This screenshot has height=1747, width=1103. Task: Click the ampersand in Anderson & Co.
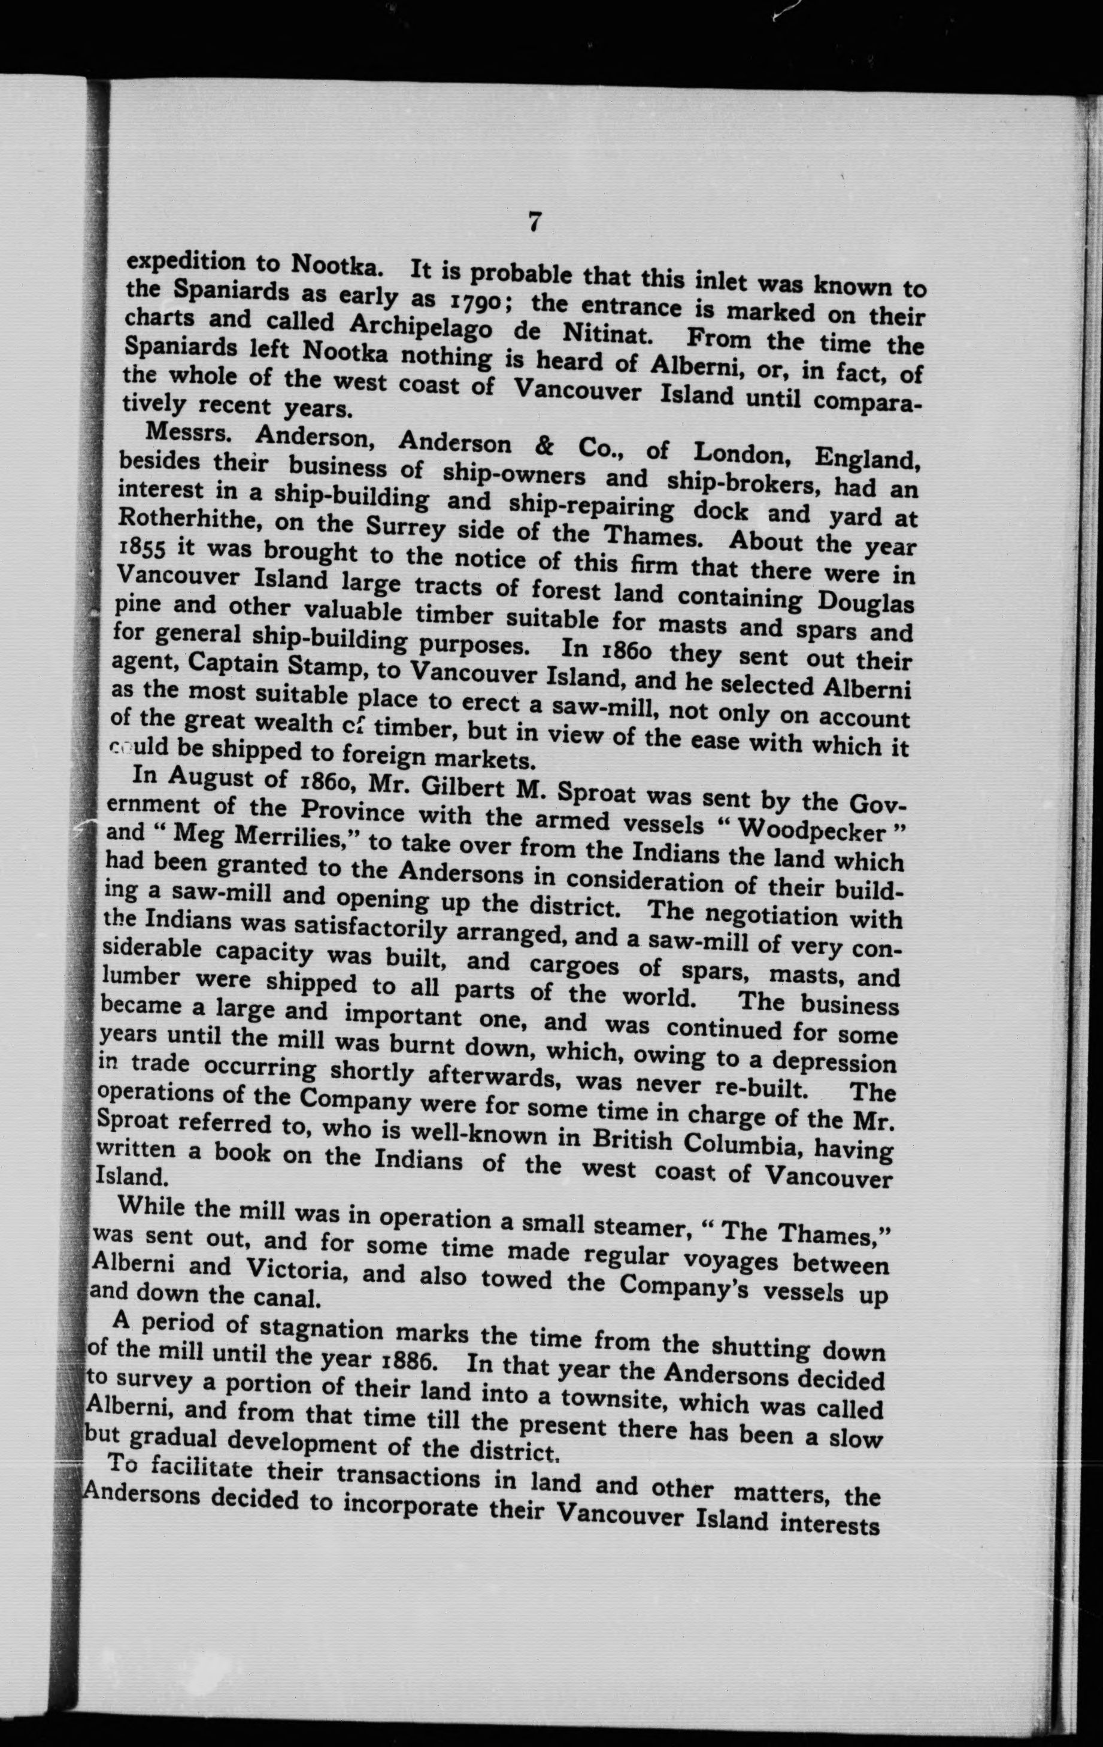[x=543, y=446]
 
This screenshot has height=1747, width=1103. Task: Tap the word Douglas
[x=865, y=602]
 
